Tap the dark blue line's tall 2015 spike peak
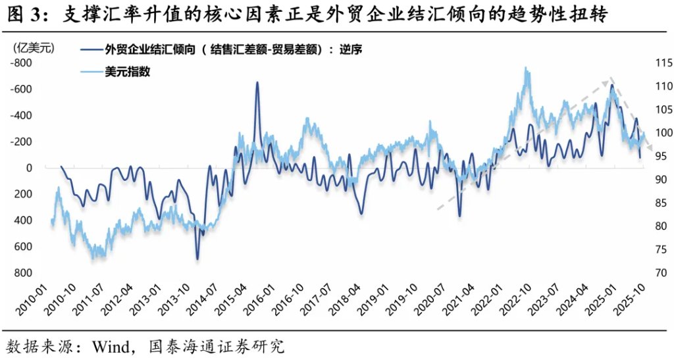[x=257, y=82]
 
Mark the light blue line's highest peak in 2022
[x=525, y=68]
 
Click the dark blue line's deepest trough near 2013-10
[x=197, y=259]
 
